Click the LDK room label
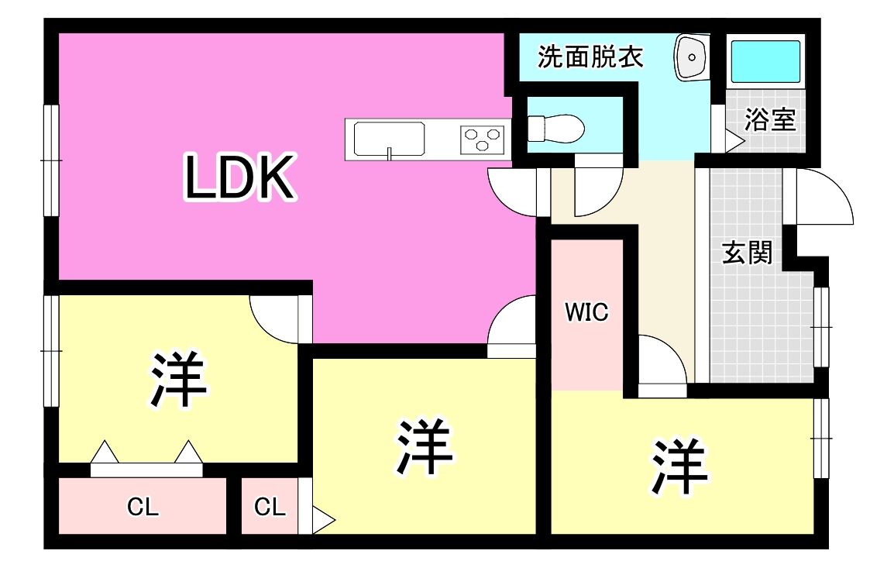coord(239,178)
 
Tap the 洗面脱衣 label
coord(591,58)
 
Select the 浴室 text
coord(770,120)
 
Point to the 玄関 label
coord(748,252)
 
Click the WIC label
coord(586,312)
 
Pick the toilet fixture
coord(555,128)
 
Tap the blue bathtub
coord(765,60)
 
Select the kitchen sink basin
coord(389,139)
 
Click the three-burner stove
coord(482,139)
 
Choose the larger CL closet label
coord(143,508)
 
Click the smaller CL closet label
coord(270,508)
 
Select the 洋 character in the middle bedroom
coord(425,447)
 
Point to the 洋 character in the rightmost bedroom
coord(679,467)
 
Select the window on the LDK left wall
coord(51,160)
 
